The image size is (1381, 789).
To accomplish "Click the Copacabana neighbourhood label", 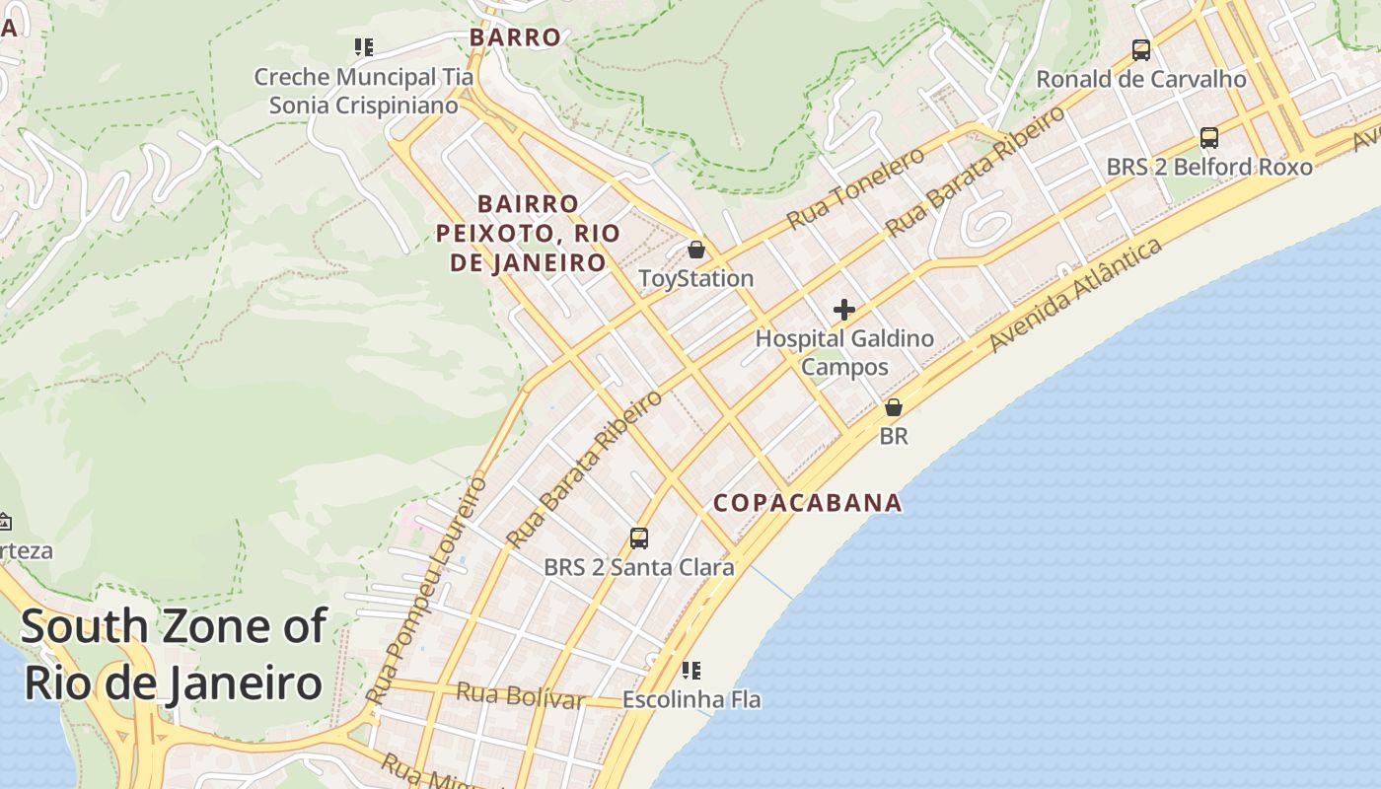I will click(x=808, y=503).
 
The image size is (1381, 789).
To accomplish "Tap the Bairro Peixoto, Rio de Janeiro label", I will click(x=528, y=234).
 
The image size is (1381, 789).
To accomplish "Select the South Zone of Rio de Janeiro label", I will click(x=174, y=655).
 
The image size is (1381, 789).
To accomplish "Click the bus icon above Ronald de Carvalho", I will click(x=1141, y=49).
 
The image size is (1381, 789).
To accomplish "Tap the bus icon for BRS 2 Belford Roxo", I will click(x=1209, y=138).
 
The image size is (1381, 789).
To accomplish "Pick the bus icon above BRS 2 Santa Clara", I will click(x=639, y=538).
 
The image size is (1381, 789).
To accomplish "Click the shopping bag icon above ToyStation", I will click(x=696, y=250).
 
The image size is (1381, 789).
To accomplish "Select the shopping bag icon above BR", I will click(x=894, y=407).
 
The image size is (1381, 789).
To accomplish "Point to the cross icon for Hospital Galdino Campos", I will click(x=844, y=311).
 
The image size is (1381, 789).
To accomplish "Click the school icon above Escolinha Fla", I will click(x=691, y=671).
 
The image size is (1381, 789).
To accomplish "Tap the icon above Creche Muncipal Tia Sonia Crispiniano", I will click(x=364, y=47).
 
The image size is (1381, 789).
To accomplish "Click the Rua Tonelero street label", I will click(x=856, y=187).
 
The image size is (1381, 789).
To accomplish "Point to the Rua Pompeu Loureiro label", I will click(x=427, y=592).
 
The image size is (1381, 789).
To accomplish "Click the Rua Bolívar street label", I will click(x=520, y=695).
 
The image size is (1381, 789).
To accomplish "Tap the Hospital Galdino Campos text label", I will click(x=844, y=353).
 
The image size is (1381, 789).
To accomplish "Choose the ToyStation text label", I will click(x=696, y=279).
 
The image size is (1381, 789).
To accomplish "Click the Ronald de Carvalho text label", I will click(x=1141, y=79).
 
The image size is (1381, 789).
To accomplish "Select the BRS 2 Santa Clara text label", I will click(x=639, y=568).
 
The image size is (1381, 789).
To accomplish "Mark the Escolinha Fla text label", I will click(x=691, y=700).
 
